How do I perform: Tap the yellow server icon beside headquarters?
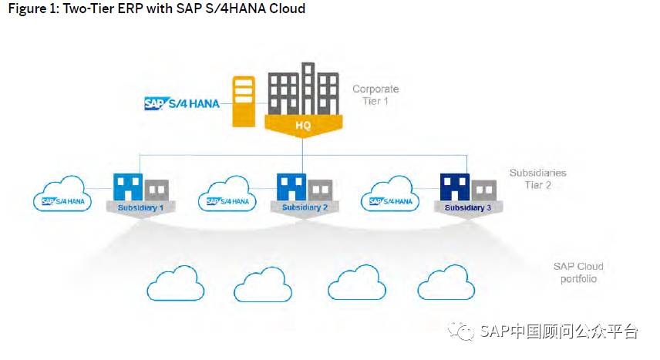point(244,102)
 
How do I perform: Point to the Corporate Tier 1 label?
point(375,95)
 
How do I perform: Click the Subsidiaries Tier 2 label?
point(540,179)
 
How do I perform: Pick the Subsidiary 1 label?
point(141,208)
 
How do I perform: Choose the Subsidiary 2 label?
point(305,208)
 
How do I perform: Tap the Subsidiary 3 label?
point(467,208)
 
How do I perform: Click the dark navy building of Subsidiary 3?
point(455,187)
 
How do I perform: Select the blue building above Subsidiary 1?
point(128,187)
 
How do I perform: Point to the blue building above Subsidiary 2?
point(291,187)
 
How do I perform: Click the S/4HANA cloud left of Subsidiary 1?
point(64,196)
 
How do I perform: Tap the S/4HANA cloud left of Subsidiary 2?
point(228,196)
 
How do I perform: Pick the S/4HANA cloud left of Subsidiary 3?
point(392,196)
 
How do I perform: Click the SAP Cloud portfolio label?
point(578,272)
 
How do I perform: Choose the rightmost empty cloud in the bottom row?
point(446,284)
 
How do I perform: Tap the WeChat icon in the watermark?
point(466,332)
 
